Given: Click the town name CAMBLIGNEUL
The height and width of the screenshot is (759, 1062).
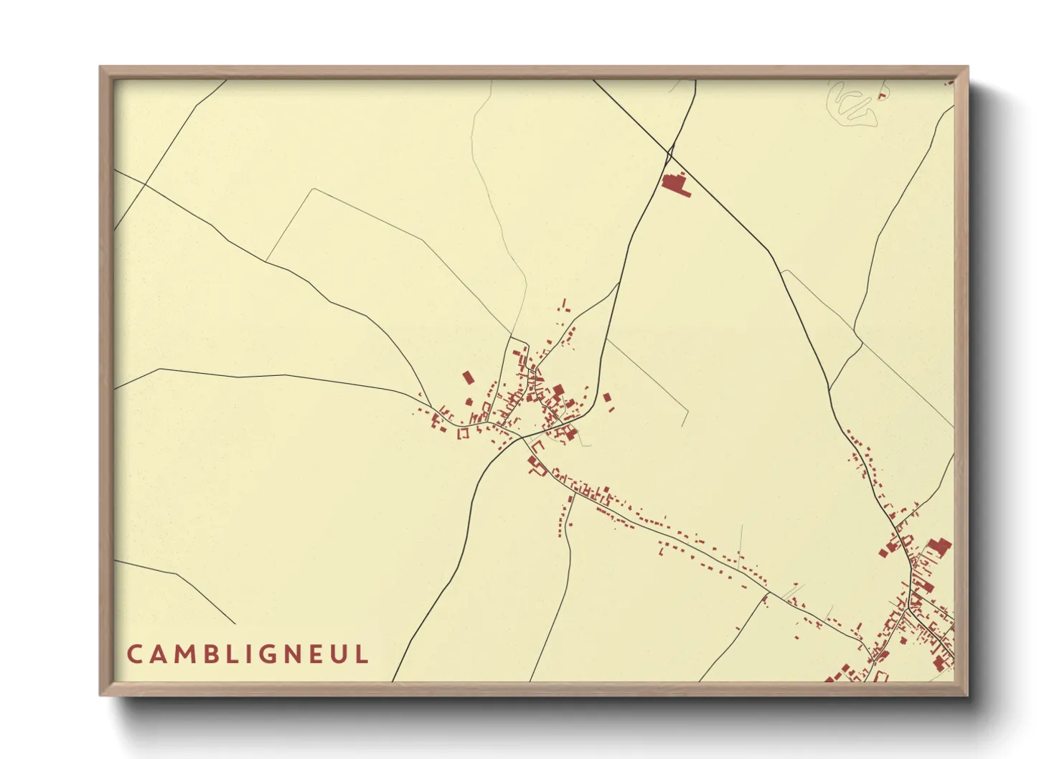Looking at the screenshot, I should [248, 654].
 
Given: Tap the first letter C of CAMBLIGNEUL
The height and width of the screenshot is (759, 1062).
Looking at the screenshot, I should [134, 654].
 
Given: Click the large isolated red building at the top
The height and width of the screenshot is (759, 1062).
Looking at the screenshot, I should [674, 184].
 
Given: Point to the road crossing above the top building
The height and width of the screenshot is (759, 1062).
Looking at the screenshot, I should [670, 151].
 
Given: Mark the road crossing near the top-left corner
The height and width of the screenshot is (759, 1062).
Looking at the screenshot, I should [146, 184].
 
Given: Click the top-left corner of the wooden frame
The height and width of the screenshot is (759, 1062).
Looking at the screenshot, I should [101, 68].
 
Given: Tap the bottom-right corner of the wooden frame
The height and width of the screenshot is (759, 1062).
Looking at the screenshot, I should [967, 694].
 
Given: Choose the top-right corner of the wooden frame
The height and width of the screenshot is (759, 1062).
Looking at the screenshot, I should [967, 68].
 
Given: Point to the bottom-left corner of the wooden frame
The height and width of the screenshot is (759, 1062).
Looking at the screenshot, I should [101, 694].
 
